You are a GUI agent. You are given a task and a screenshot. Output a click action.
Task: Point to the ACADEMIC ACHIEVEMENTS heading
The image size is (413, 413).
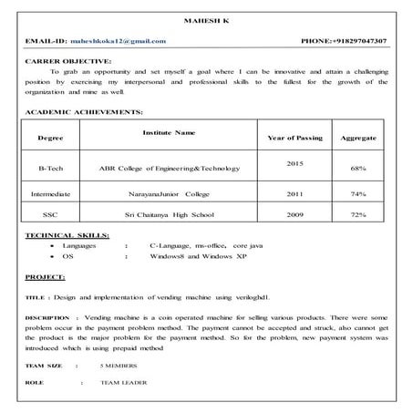point(84,111)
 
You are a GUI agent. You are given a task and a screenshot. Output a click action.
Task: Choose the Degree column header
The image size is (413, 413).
point(50,138)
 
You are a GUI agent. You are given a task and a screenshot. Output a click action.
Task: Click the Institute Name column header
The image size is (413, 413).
point(169,133)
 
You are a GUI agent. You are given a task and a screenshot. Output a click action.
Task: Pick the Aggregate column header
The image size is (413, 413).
point(358,138)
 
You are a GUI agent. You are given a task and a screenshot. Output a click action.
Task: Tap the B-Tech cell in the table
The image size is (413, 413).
point(50,169)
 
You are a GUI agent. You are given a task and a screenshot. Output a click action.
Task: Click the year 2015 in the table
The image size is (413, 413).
point(294,162)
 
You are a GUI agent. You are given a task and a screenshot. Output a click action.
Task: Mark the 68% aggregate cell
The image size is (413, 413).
point(358,169)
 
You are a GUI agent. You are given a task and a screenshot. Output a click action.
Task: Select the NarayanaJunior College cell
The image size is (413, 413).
point(170,194)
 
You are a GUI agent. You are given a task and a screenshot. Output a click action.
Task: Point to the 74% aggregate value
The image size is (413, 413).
point(358,194)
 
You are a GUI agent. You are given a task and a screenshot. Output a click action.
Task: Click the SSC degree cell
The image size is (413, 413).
point(50,214)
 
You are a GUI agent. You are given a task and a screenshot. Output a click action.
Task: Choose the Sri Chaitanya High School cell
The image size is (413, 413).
point(170,214)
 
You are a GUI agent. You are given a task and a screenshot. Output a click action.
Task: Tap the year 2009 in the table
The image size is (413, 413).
point(294,214)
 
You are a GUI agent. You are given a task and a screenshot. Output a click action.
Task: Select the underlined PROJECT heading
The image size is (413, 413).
point(45,275)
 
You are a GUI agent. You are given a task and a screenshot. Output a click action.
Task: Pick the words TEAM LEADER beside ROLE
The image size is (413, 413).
point(124,382)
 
